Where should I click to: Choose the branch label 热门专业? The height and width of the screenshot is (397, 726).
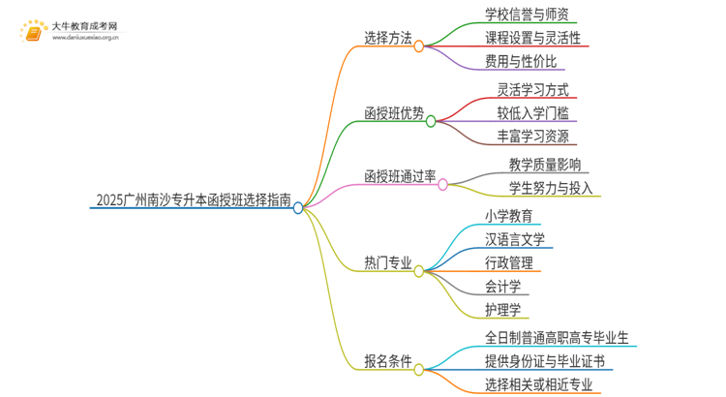pyautogui.click(x=387, y=263)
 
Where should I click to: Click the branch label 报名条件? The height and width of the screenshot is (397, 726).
pyautogui.click(x=387, y=362)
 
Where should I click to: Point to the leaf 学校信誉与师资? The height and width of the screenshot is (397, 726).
pyautogui.click(x=527, y=15)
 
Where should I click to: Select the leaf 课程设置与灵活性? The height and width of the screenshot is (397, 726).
pyautogui.click(x=532, y=39)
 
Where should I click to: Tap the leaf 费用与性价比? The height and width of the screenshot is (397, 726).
pyautogui.click(x=520, y=62)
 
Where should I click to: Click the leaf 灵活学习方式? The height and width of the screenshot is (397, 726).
pyautogui.click(x=526, y=90)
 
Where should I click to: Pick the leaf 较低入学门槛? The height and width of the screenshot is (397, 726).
pyautogui.click(x=526, y=113)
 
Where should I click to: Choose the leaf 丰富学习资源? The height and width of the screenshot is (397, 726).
pyautogui.click(x=526, y=137)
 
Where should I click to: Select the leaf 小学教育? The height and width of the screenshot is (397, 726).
pyautogui.click(x=508, y=215)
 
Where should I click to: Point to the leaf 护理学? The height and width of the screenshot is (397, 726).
pyautogui.click(x=502, y=310)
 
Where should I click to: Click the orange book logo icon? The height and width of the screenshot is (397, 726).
pyautogui.click(x=33, y=33)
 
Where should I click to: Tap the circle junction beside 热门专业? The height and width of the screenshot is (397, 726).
pyautogui.click(x=419, y=272)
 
